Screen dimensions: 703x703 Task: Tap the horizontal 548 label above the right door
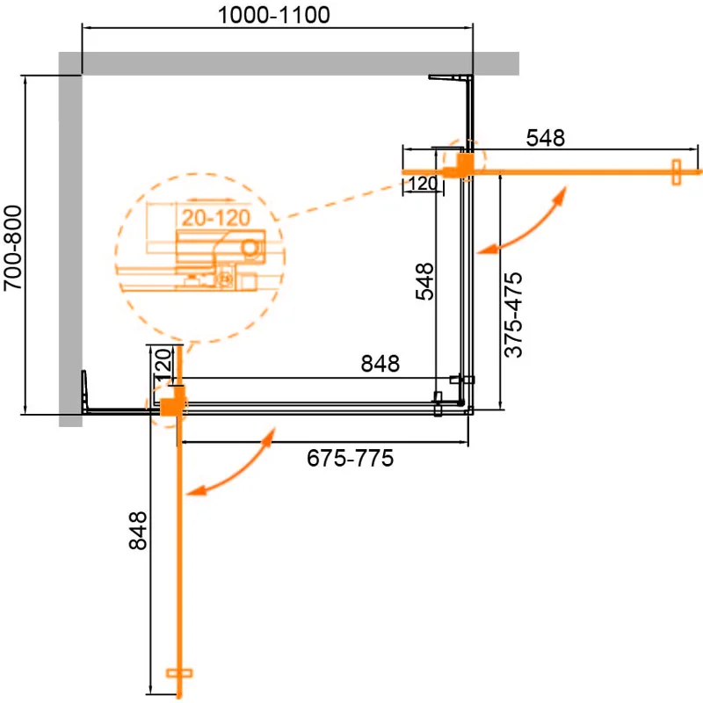point(544,138)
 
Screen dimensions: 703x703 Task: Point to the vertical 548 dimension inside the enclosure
point(424,282)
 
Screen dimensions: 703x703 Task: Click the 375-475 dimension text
point(514,314)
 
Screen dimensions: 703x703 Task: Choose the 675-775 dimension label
point(349,459)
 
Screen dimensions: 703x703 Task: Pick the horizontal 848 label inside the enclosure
point(380,363)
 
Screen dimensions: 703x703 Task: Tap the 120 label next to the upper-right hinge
point(422,185)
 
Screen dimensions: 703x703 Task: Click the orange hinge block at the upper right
point(461,164)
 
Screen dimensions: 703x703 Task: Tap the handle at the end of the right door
point(676,171)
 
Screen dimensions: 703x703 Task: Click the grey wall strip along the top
point(290,63)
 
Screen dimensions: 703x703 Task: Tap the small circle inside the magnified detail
point(252,249)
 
